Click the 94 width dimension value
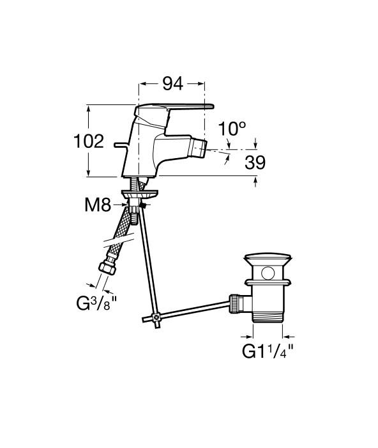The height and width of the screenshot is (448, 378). pyautogui.click(x=173, y=84)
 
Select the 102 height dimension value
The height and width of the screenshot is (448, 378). pyautogui.click(x=89, y=141)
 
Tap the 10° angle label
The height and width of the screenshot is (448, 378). pyautogui.click(x=232, y=129)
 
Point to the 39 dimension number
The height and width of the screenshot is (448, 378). pyautogui.click(x=255, y=163)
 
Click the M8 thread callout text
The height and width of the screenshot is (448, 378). pyautogui.click(x=98, y=205)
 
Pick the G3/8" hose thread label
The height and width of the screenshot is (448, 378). pyautogui.click(x=97, y=303)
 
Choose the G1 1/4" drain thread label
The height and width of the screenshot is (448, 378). pyautogui.click(x=268, y=351)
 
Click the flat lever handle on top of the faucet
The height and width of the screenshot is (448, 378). pyautogui.click(x=174, y=108)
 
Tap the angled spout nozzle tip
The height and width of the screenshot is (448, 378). pyautogui.click(x=199, y=148)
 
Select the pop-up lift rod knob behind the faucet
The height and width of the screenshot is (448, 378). pyautogui.click(x=121, y=145)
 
